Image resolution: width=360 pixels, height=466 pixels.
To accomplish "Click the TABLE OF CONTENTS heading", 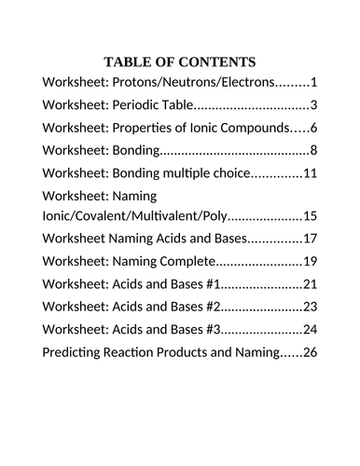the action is pyautogui.click(x=180, y=62).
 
